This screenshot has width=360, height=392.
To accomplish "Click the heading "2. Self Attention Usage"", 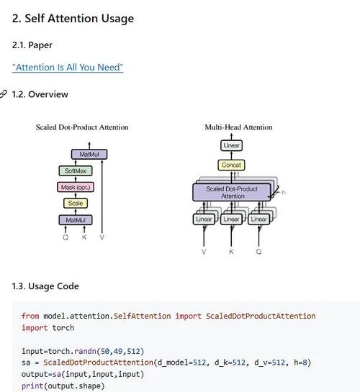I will tap(73, 19).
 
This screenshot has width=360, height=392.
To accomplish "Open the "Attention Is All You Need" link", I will tap(68, 68).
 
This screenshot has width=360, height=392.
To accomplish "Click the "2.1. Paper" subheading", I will tap(32, 45).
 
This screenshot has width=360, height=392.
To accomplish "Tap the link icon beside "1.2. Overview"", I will tap(4, 94).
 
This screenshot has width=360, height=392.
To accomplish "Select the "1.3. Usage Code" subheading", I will tap(45, 286).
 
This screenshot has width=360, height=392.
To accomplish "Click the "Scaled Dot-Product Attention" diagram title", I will tap(82, 127).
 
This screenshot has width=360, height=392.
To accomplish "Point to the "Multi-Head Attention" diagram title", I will tap(238, 127).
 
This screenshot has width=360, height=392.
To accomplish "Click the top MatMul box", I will tap(89, 155).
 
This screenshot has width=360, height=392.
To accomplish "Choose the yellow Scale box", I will tap(75, 204).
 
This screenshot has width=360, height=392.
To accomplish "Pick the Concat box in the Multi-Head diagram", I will tap(231, 165).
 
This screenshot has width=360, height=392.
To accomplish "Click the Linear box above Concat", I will tap(231, 145).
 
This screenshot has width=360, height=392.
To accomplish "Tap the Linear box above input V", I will tap(204, 219).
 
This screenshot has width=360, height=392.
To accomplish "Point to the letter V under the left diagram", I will tap(102, 237).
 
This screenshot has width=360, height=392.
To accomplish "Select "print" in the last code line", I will tap(31, 385).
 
